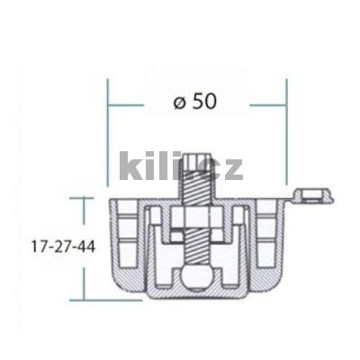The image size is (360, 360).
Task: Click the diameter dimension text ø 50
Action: pyautogui.click(x=194, y=103)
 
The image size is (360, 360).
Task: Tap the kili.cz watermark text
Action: pyautogui.click(x=180, y=166)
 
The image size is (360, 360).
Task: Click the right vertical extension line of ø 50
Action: pyautogui.click(x=286, y=135)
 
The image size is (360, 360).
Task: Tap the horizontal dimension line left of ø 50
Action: pyautogui.click(x=126, y=105)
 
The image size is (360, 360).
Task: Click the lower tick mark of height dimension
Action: pyautogui.click(x=84, y=300)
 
